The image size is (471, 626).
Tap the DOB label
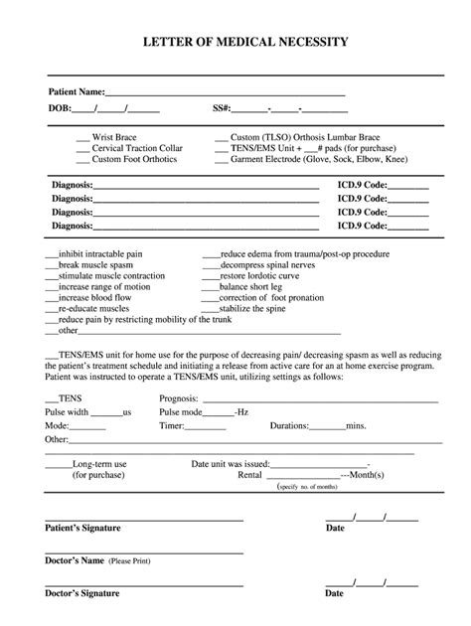(x=58, y=107)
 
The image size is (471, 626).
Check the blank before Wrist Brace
(x=82, y=135)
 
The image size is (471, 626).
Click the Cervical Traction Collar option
(x=137, y=147)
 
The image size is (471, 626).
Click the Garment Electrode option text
(x=318, y=159)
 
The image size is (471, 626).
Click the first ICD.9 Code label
(x=362, y=185)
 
